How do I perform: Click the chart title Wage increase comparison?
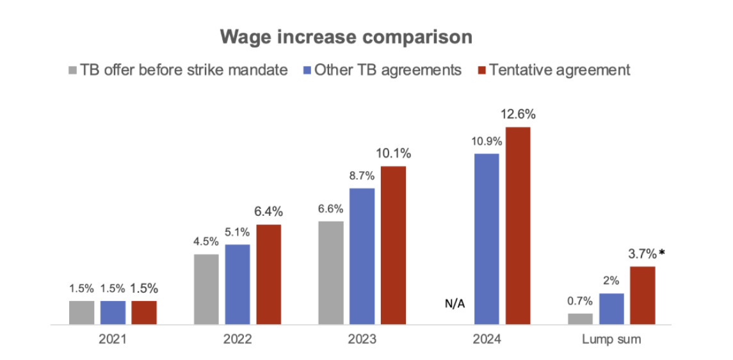346,37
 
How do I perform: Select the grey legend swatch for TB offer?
72,70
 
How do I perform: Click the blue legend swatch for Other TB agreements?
306,70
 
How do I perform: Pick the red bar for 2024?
519,226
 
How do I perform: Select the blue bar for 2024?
487,240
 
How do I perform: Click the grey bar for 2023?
331,274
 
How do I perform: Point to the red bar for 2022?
269,275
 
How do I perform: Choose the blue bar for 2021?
113,313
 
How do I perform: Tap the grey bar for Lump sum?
580,319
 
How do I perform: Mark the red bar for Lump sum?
643,296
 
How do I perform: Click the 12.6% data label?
519,115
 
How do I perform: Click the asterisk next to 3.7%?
662,253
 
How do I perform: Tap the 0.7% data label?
580,301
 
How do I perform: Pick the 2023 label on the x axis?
362,340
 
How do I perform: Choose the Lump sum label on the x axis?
611,340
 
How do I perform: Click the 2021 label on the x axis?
113,340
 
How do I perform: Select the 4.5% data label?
206,242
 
